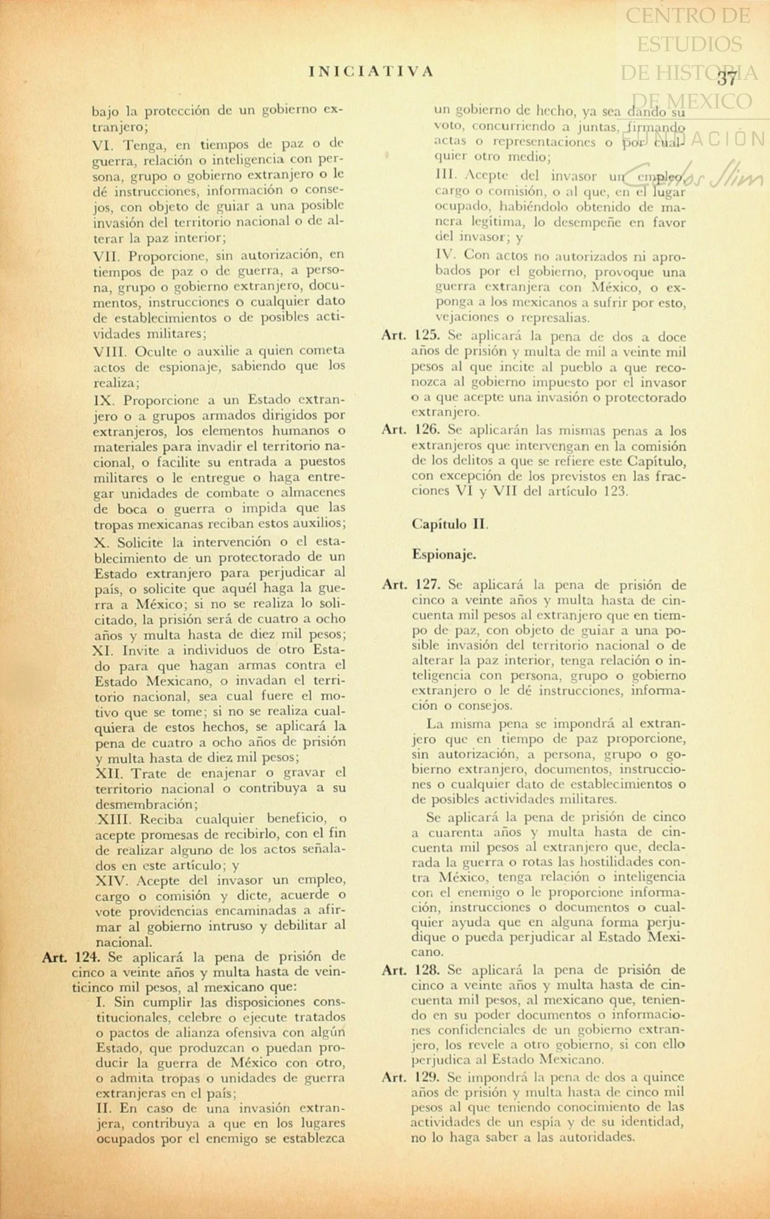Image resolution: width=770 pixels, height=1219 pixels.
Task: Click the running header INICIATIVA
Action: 371,71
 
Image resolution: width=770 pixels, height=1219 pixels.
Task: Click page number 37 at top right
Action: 726,78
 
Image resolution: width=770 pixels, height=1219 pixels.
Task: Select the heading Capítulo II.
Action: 450,524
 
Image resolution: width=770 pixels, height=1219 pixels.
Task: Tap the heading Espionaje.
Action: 444,554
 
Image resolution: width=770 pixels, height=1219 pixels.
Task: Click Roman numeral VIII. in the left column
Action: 110,351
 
